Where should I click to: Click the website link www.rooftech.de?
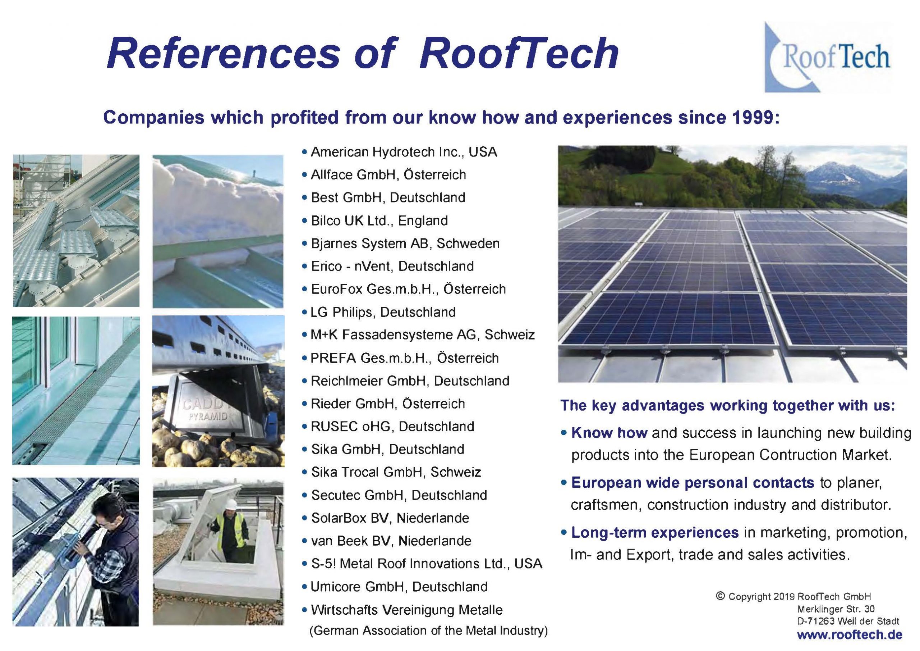coord(850,635)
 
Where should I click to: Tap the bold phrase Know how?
coord(609,433)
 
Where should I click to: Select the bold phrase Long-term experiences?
coord(655,532)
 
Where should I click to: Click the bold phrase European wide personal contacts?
coord(693,483)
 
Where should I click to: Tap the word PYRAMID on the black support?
coord(208,416)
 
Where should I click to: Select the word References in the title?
coord(223,53)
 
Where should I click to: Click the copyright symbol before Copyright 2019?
coord(720,596)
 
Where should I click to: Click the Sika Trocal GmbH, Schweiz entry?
coord(396,472)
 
